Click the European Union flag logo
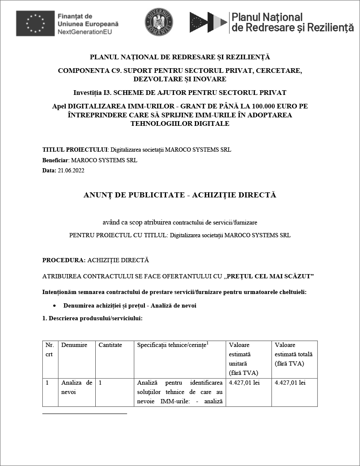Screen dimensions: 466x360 tap(35, 24)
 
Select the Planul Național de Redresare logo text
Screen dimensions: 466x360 tap(292, 22)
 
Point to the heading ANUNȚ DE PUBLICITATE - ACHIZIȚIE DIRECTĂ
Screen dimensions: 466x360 tap(180, 195)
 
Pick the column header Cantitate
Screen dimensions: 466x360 tap(110, 345)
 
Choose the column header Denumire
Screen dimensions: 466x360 tap(74, 345)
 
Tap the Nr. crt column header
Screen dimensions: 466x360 tap(50, 349)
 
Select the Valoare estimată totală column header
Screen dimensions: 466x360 tap(294, 354)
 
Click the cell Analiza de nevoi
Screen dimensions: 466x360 tap(77, 387)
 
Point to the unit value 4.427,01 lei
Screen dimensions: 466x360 tap(244, 383)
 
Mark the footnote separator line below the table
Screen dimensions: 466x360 tap(85, 413)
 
